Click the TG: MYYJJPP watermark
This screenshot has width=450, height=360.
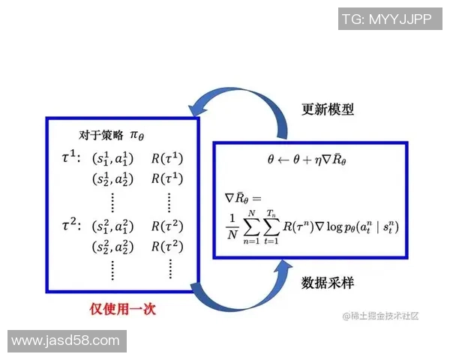(386, 19)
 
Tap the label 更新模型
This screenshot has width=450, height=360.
(327, 109)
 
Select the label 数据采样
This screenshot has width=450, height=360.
(327, 283)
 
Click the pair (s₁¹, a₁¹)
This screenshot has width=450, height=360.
(113, 159)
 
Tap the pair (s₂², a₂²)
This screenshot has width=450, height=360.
(113, 245)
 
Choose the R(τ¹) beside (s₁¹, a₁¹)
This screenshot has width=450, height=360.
(166, 159)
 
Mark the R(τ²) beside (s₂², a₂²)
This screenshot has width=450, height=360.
(166, 245)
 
